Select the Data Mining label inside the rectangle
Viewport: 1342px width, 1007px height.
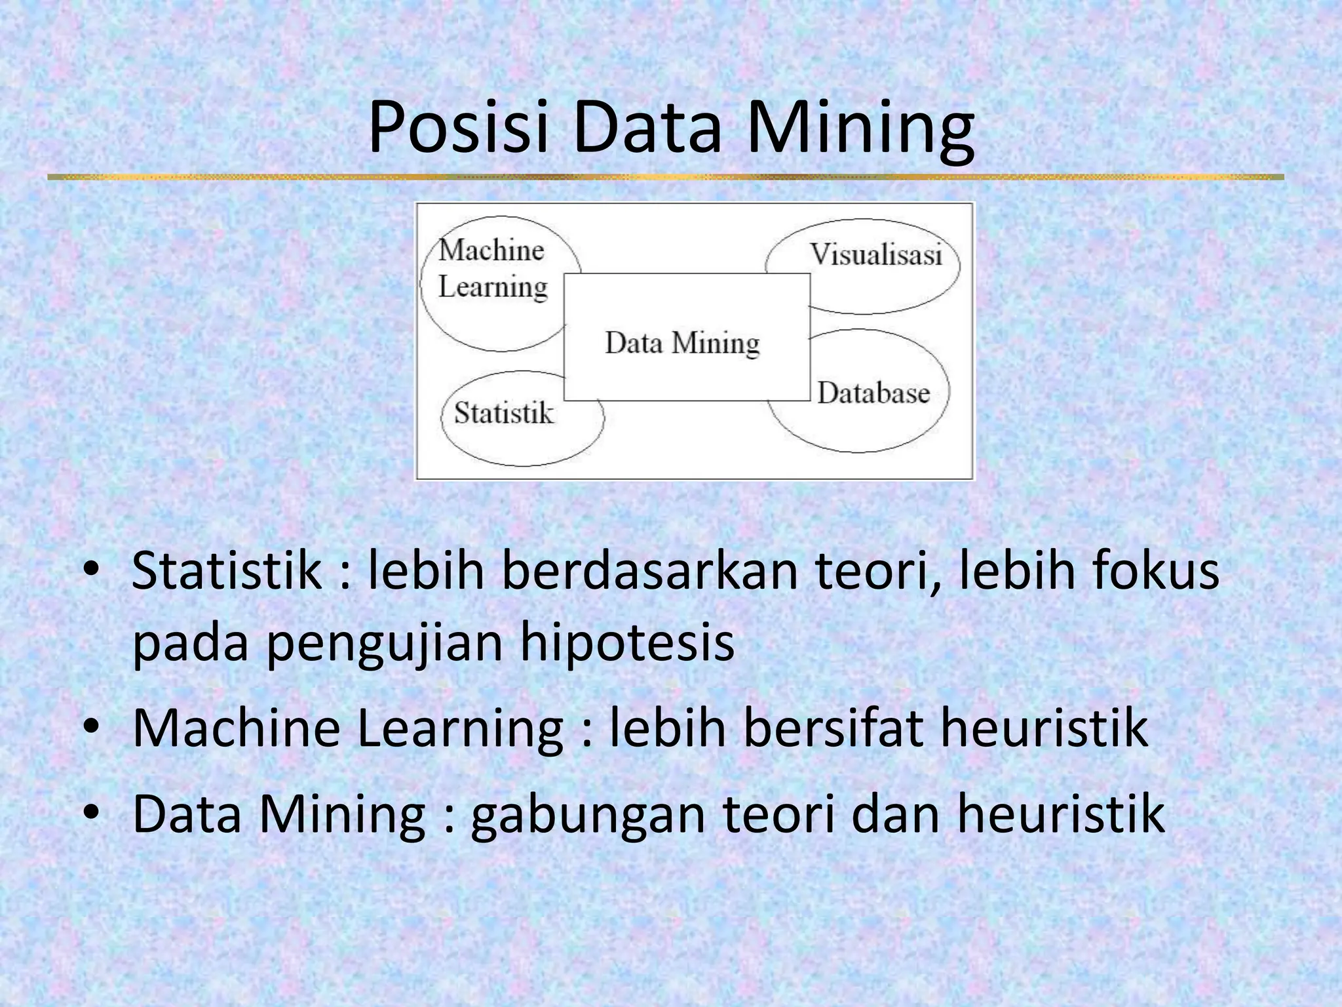682,342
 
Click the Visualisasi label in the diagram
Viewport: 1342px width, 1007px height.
876,254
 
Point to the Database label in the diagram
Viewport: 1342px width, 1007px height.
873,393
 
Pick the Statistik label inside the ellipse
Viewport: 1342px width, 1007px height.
503,413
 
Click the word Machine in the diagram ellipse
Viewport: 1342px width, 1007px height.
491,250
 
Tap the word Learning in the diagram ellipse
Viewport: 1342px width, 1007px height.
493,287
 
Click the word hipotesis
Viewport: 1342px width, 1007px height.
627,642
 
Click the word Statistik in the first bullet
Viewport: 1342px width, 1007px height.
226,569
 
